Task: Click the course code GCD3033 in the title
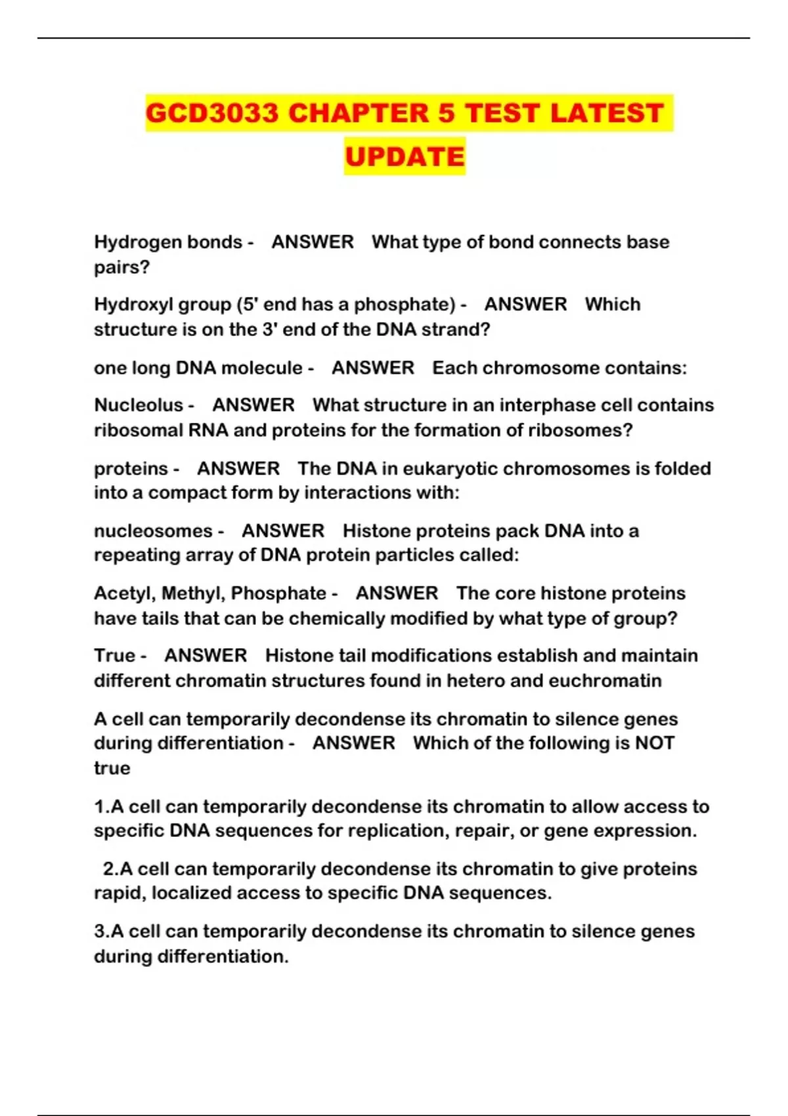point(213,113)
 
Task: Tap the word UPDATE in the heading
point(405,157)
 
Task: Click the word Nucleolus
point(139,405)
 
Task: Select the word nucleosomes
point(153,530)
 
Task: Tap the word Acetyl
point(125,593)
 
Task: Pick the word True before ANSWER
point(114,656)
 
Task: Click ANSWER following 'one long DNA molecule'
point(372,368)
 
